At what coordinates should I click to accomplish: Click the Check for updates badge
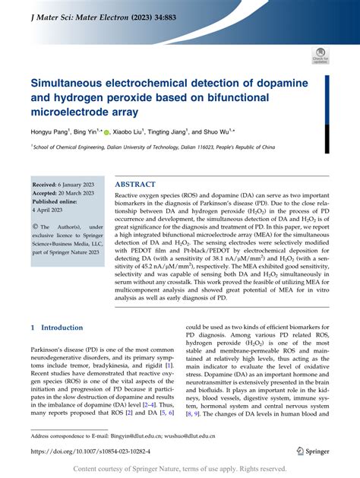[320, 55]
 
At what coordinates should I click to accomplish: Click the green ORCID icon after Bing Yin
[107, 132]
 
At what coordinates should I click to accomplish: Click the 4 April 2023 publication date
[54, 211]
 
